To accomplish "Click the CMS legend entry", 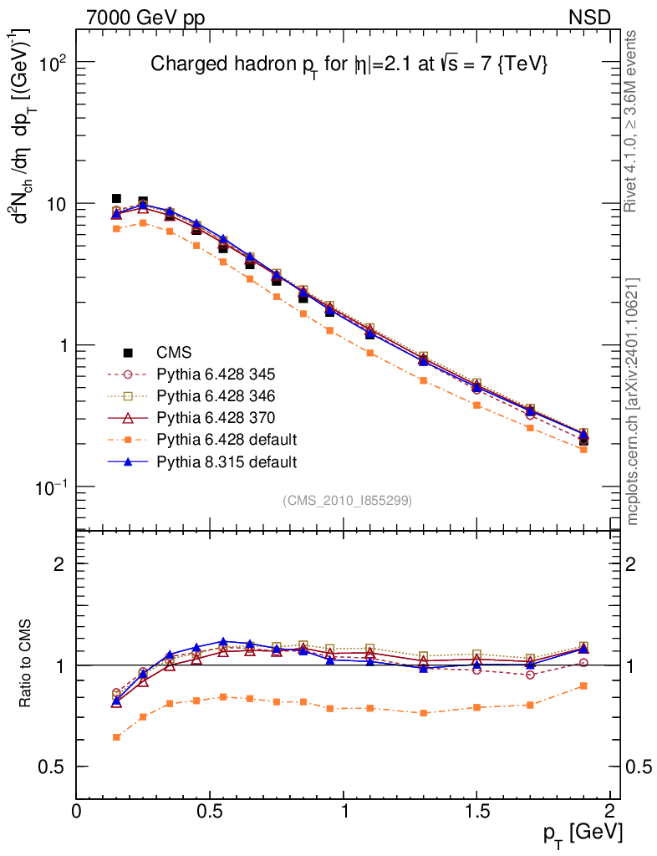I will click(174, 353).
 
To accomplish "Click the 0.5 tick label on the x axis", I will click(210, 810).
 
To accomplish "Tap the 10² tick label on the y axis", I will click(53, 64).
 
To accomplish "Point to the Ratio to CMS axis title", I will click(26, 664).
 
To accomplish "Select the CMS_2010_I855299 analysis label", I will click(348, 500).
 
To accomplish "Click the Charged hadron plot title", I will click(349, 64).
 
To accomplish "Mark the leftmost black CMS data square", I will click(117, 199).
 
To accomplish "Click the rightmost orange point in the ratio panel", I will click(583, 685).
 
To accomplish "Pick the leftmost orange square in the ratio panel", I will click(117, 737).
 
